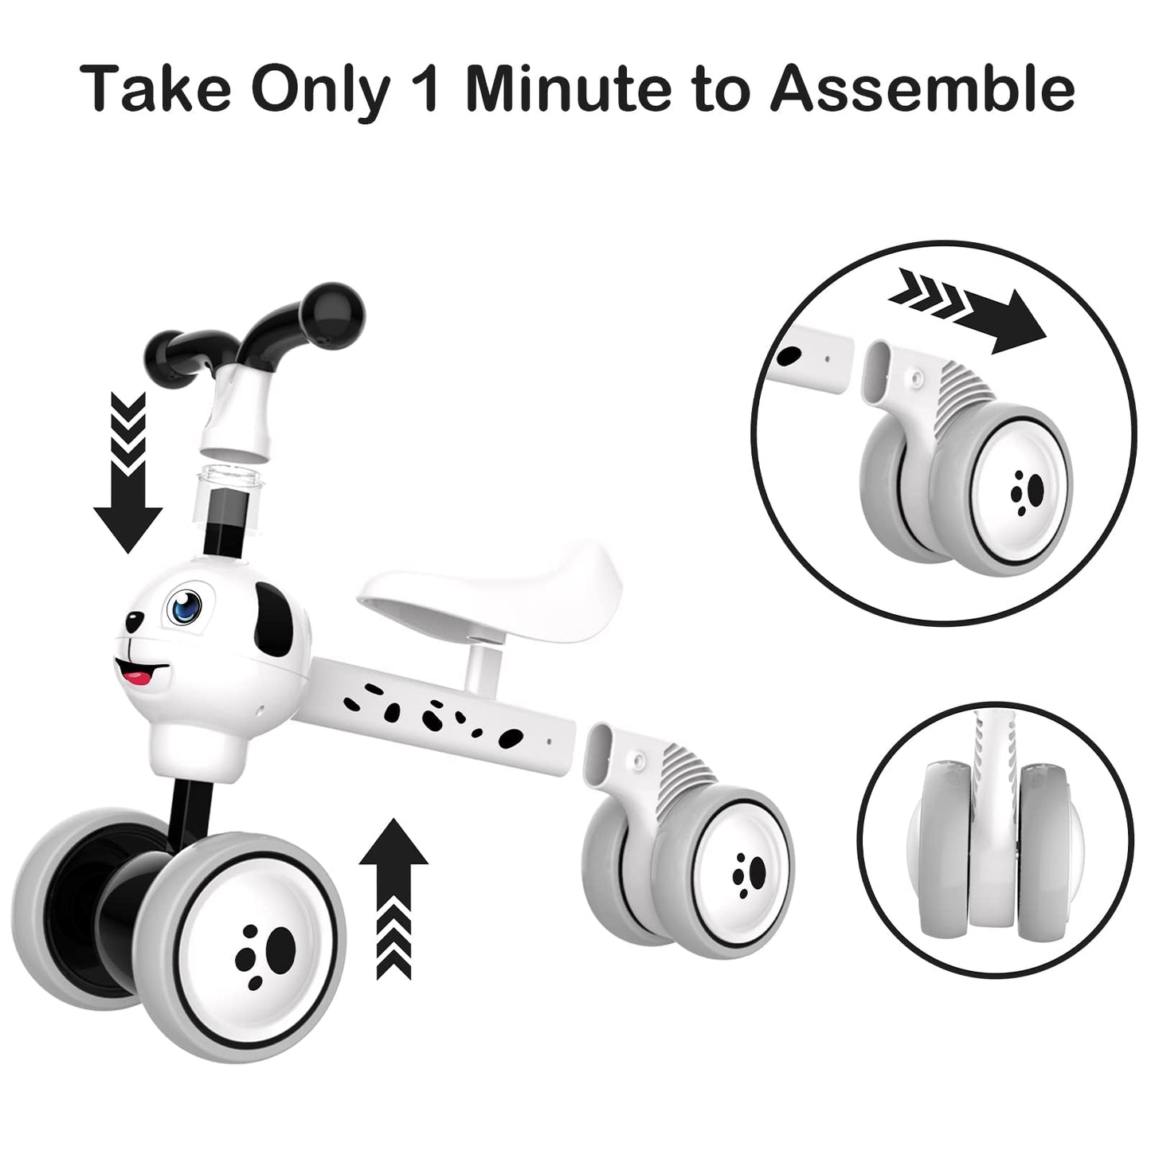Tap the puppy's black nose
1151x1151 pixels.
(x=133, y=622)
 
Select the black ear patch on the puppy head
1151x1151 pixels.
(x=273, y=621)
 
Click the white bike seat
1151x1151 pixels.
(x=490, y=592)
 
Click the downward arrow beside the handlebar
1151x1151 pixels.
(x=127, y=472)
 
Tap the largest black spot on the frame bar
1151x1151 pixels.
(x=510, y=739)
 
